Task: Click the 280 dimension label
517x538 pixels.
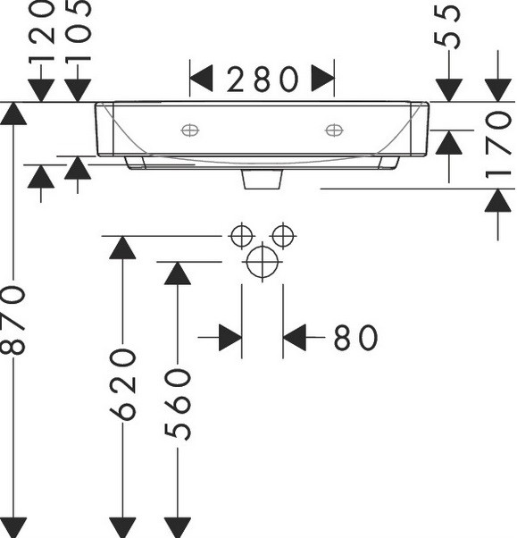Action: pyautogui.click(x=263, y=80)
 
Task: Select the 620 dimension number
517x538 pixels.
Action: pyautogui.click(x=122, y=384)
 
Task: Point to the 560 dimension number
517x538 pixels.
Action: pyautogui.click(x=178, y=405)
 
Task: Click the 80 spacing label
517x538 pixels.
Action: pyautogui.click(x=355, y=338)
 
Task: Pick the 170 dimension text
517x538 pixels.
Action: pyautogui.click(x=498, y=145)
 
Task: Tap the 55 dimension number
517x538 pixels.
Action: pyautogui.click(x=447, y=26)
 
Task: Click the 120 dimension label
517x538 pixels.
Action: pyautogui.click(x=41, y=30)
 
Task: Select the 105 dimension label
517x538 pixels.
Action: pyautogui.click(x=78, y=30)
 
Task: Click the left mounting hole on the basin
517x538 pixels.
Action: pyautogui.click(x=190, y=130)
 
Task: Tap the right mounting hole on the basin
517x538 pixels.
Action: pyautogui.click(x=334, y=130)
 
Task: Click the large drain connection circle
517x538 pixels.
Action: pyautogui.click(x=263, y=262)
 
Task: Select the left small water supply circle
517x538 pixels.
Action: pyautogui.click(x=242, y=236)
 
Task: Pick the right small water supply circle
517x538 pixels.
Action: pyautogui.click(x=283, y=236)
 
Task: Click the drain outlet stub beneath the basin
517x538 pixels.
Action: pyautogui.click(x=263, y=179)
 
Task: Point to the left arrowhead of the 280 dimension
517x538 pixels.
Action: pyautogui.click(x=201, y=79)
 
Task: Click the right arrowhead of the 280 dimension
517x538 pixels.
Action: pyautogui.click(x=322, y=79)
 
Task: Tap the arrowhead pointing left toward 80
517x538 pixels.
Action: pyautogui.click(x=295, y=338)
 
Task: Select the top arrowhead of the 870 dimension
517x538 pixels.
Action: pyautogui.click(x=13, y=113)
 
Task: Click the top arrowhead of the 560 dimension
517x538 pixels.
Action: pyautogui.click(x=178, y=273)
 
